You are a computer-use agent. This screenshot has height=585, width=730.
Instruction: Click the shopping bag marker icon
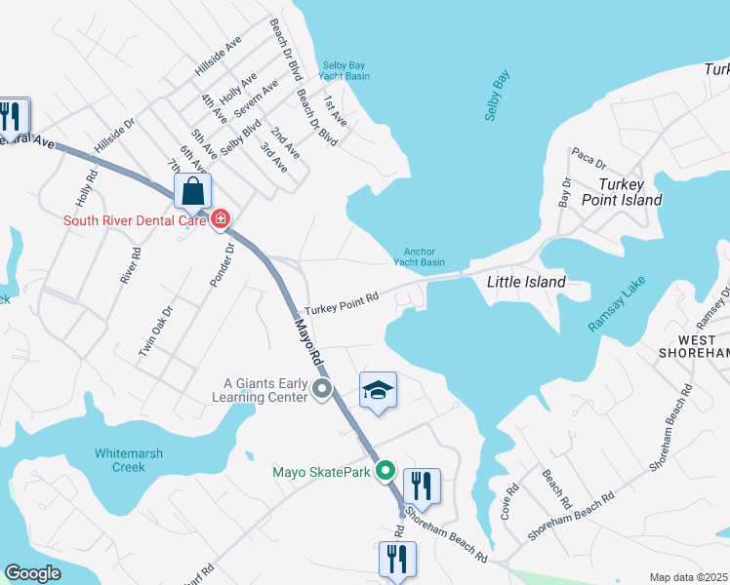click(x=193, y=190)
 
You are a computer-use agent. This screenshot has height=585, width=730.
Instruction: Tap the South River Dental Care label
click(x=134, y=220)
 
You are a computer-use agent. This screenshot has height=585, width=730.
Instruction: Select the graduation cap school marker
click(x=378, y=391)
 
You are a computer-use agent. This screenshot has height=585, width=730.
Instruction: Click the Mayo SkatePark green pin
click(x=386, y=472)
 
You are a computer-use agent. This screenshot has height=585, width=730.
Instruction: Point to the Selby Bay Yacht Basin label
click(x=344, y=70)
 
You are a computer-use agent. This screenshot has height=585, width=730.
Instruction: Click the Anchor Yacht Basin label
click(x=419, y=256)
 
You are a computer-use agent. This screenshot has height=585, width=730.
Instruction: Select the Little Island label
click(x=526, y=282)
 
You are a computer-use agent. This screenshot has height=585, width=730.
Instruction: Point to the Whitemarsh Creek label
click(x=129, y=460)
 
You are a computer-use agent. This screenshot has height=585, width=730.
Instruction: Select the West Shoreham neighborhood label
click(x=694, y=344)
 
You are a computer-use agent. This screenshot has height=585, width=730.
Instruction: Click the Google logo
click(x=32, y=573)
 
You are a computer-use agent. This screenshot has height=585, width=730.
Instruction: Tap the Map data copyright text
click(x=689, y=577)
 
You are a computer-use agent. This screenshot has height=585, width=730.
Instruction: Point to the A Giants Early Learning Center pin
click(x=322, y=391)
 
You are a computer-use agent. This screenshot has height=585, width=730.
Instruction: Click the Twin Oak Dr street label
click(x=154, y=331)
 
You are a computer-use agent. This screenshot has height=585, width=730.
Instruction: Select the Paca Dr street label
click(x=589, y=158)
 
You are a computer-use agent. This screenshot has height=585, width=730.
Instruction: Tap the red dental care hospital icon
click(x=222, y=219)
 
